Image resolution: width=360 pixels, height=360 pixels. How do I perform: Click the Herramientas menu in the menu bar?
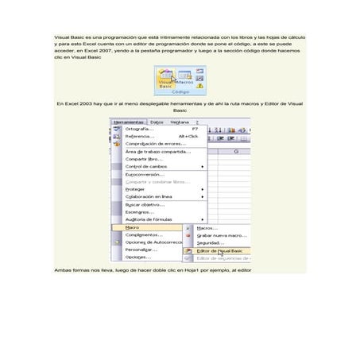click(x=129, y=122)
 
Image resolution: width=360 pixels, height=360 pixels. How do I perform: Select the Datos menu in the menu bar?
click(x=156, y=122)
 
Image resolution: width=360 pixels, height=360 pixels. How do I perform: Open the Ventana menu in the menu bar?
click(x=179, y=122)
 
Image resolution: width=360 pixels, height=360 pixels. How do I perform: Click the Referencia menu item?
click(x=140, y=136)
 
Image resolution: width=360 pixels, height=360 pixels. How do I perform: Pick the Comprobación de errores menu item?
click(x=156, y=144)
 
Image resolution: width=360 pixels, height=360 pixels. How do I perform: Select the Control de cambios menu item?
click(x=146, y=166)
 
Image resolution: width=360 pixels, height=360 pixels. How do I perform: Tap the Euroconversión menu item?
click(x=145, y=174)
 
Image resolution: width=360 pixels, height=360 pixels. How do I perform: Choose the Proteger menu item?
click(x=135, y=189)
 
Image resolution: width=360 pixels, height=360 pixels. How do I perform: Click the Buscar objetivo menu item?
click(x=144, y=204)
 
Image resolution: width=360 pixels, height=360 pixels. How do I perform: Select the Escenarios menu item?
click(x=140, y=212)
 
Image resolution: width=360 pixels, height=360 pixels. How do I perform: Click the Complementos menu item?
click(x=144, y=235)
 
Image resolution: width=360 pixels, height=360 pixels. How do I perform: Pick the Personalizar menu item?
click(x=141, y=250)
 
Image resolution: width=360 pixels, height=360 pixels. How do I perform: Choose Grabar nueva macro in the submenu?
click(x=221, y=235)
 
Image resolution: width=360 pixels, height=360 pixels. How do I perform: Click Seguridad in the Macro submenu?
click(x=211, y=242)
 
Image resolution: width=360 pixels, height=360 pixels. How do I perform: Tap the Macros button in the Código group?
click(x=184, y=78)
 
